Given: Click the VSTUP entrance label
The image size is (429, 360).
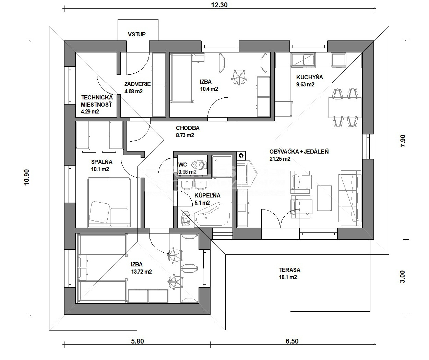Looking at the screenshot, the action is (x=136, y=34).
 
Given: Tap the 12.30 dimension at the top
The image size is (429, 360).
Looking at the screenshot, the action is (x=219, y=5).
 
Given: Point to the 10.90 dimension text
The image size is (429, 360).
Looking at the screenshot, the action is (x=27, y=177).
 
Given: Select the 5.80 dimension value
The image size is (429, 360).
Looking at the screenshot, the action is (x=138, y=341).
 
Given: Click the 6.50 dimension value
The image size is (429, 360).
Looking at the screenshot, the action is (x=292, y=341).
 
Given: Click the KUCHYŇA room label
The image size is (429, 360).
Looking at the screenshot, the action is (x=309, y=77).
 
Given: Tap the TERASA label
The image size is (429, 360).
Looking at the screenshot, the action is (x=289, y=270).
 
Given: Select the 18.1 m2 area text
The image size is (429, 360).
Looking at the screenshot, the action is (x=288, y=277).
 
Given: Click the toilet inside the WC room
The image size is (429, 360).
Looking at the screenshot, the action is (x=199, y=165).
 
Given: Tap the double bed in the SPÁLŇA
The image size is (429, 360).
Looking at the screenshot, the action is (x=109, y=202).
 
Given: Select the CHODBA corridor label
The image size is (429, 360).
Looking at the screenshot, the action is (x=188, y=128).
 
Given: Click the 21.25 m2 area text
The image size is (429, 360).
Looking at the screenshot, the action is (x=280, y=159).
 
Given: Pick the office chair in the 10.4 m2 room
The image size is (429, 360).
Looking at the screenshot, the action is (x=239, y=77).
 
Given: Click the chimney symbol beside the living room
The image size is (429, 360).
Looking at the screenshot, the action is (x=241, y=156).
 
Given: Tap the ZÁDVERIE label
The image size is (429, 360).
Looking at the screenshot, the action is (x=138, y=84).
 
